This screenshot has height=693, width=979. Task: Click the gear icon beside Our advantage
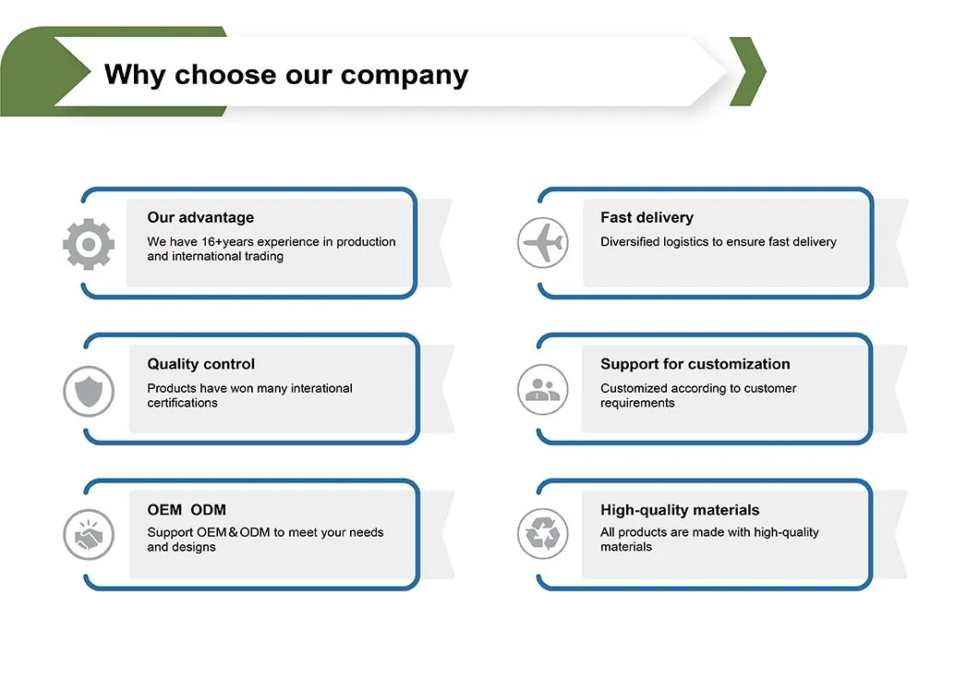(x=89, y=244)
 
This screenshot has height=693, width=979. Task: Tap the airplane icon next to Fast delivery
(x=542, y=244)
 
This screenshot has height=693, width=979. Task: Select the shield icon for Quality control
(x=89, y=390)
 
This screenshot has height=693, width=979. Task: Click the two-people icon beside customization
(x=542, y=390)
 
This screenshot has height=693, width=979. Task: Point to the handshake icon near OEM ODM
(x=89, y=534)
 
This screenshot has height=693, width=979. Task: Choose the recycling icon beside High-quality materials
(x=542, y=534)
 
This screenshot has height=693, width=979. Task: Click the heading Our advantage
(x=200, y=218)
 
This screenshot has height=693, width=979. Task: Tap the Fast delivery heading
(x=647, y=218)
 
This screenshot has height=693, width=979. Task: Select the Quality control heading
(x=201, y=364)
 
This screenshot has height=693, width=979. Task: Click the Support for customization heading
(x=695, y=364)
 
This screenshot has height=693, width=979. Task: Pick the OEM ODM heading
(x=187, y=510)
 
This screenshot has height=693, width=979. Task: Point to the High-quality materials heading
(x=680, y=510)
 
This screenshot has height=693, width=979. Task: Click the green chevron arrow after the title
(x=748, y=71)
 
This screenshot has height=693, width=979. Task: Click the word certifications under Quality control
(x=183, y=404)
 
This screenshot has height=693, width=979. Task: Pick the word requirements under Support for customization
(x=637, y=404)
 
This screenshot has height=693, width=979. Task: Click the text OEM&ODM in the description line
(x=234, y=532)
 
